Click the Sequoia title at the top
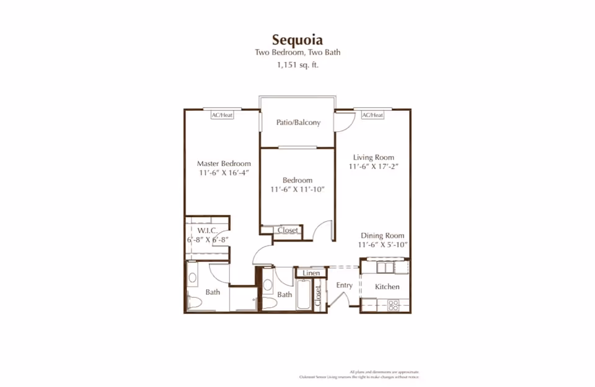(x=297, y=40)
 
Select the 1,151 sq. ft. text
(x=297, y=64)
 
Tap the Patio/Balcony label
(x=298, y=123)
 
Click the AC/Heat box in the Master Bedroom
(x=222, y=115)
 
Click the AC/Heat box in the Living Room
(x=372, y=115)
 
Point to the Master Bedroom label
(x=224, y=163)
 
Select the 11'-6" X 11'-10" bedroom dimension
(x=297, y=189)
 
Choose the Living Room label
(x=374, y=157)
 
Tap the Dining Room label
(x=383, y=235)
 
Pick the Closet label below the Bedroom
(x=288, y=230)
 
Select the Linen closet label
(x=311, y=273)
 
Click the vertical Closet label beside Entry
(x=318, y=296)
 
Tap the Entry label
(x=344, y=285)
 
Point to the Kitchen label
(x=387, y=287)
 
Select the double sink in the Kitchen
(x=385, y=266)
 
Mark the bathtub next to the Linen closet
(x=304, y=295)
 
